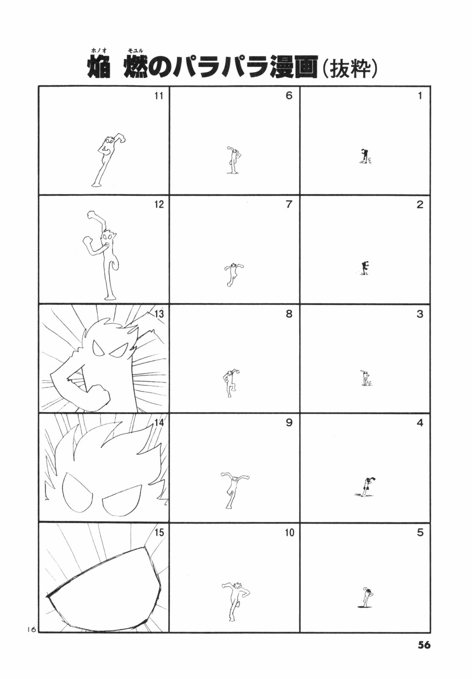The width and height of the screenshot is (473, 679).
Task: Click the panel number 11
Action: click(x=159, y=96)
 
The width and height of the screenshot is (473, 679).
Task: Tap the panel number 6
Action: click(x=289, y=96)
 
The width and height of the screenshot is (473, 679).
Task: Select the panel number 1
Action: click(x=420, y=96)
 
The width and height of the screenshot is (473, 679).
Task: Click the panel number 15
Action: click(x=159, y=532)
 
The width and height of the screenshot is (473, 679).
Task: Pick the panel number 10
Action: click(x=289, y=532)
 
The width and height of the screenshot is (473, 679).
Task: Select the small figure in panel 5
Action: click(x=365, y=598)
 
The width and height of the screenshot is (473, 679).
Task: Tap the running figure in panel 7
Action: click(x=234, y=274)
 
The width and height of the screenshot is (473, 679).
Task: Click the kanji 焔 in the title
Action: click(x=99, y=67)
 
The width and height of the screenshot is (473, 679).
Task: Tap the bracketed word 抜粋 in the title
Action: click(x=349, y=67)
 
